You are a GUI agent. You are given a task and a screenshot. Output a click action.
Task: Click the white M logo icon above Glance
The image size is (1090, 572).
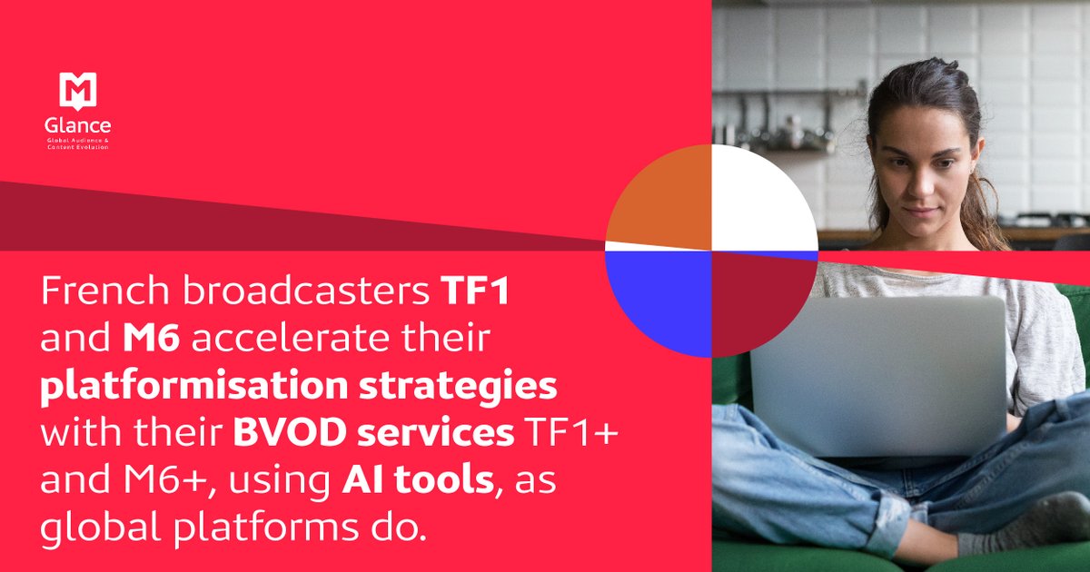[x=78, y=91]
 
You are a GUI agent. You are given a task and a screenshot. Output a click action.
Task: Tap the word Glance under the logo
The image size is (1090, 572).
[x=78, y=127]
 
